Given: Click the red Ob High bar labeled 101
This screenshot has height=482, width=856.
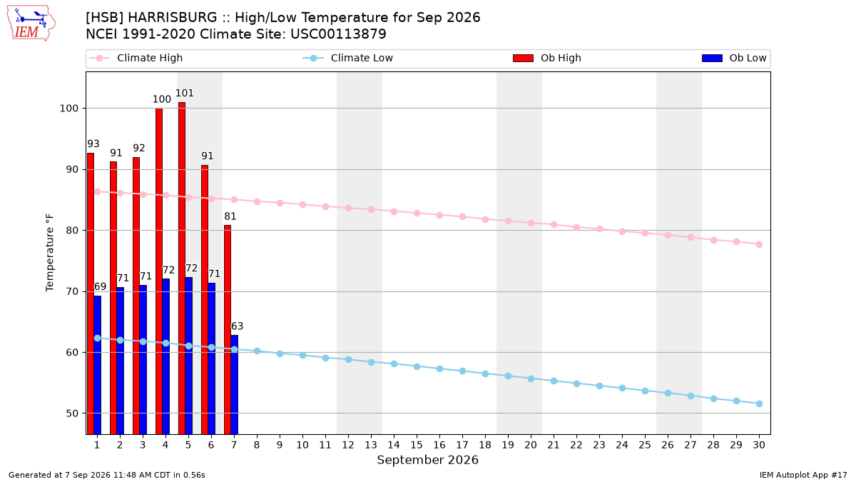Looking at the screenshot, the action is pyautogui.click(x=182, y=268).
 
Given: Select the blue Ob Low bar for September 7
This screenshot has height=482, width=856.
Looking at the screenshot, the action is pyautogui.click(x=234, y=385).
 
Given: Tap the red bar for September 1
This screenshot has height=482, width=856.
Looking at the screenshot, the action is pyautogui.click(x=91, y=293).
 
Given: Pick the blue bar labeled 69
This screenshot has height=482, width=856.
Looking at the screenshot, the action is pyautogui.click(x=98, y=365).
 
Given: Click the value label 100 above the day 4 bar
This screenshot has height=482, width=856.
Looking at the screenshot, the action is pyautogui.click(x=162, y=99).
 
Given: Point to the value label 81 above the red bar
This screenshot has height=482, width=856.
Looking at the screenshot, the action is pyautogui.click(x=230, y=216).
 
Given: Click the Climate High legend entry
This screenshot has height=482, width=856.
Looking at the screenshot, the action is pyautogui.click(x=136, y=58).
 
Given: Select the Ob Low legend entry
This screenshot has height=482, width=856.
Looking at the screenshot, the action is pyautogui.click(x=734, y=58).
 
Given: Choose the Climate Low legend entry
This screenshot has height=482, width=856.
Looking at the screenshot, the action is pyautogui.click(x=348, y=58).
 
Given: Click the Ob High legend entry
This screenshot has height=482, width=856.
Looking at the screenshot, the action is pyautogui.click(x=547, y=58).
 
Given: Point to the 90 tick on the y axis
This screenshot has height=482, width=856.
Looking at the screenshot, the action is pyautogui.click(x=72, y=169).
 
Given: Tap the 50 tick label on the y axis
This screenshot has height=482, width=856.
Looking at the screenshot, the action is pyautogui.click(x=72, y=413).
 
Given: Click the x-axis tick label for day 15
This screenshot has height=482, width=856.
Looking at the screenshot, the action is pyautogui.click(x=417, y=445).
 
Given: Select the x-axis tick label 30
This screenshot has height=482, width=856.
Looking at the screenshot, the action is pyautogui.click(x=759, y=445).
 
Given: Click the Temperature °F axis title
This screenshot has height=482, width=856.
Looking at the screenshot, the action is pyautogui.click(x=50, y=253).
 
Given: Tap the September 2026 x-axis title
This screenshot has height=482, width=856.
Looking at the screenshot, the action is pyautogui.click(x=427, y=460).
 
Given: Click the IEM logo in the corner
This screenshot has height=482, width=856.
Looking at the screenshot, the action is pyautogui.click(x=31, y=24).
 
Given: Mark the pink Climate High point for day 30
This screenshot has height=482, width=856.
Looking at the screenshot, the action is pyautogui.click(x=759, y=244).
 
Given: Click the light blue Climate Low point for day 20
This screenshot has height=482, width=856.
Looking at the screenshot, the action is pyautogui.click(x=531, y=378).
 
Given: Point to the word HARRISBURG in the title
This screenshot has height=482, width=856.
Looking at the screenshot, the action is pyautogui.click(x=173, y=18).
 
